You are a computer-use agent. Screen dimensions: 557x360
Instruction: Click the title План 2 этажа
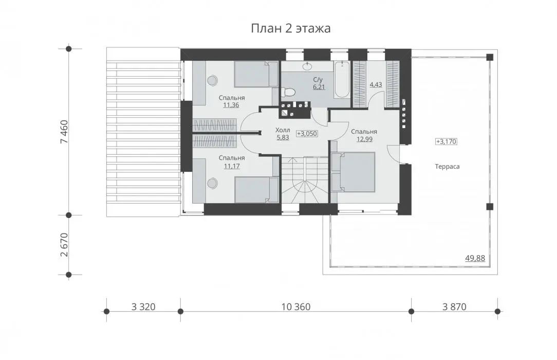[x=291, y=28]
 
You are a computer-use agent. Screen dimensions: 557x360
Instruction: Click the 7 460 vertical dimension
[x=64, y=132]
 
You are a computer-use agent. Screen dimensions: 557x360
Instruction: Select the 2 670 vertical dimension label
[x=64, y=245]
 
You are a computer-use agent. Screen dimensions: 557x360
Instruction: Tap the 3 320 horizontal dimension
[x=143, y=307]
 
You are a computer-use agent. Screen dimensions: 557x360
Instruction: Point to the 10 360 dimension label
[x=296, y=307]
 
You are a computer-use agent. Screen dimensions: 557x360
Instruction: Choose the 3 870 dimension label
[x=454, y=307]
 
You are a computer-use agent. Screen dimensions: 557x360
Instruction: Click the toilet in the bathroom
[x=288, y=92]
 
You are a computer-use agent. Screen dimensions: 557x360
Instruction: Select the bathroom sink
[x=307, y=66]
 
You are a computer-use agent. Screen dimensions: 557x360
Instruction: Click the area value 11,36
[x=231, y=105]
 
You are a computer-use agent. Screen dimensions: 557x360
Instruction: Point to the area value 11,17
[x=232, y=166]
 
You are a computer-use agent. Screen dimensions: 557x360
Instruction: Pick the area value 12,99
[x=364, y=139]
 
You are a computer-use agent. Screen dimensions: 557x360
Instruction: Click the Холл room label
[x=283, y=130]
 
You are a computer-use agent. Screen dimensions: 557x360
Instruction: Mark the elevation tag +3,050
[x=307, y=134]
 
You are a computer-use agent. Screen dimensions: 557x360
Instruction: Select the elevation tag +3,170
[x=446, y=141]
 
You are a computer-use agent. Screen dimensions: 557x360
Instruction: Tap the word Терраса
[x=447, y=166]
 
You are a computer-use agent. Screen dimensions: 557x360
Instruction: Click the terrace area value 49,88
[x=475, y=258]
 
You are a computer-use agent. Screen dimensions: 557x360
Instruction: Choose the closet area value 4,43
[x=376, y=84]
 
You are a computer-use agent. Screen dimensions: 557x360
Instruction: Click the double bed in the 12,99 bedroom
[x=353, y=172]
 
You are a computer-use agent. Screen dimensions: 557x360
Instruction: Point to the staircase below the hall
[x=305, y=180]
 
